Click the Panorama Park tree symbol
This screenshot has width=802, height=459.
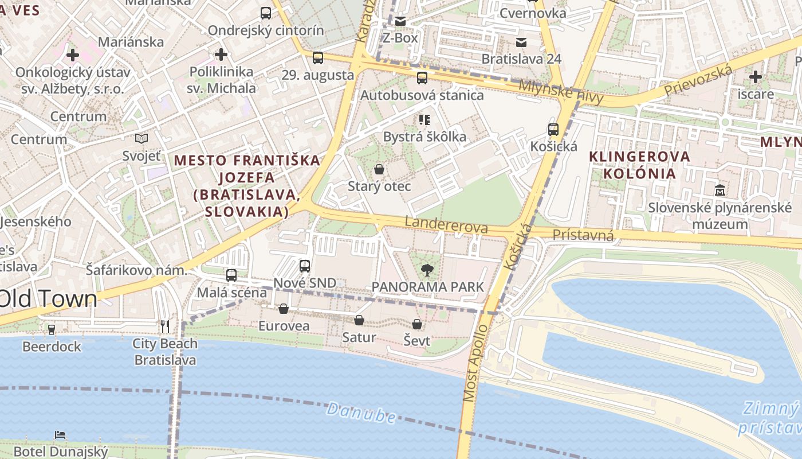(427, 270)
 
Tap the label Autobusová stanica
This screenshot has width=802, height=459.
(422, 95)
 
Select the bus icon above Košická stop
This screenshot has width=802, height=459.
(553, 130)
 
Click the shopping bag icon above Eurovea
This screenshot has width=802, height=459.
(283, 309)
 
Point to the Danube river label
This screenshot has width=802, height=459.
(361, 413)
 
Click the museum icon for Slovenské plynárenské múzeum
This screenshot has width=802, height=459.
(720, 190)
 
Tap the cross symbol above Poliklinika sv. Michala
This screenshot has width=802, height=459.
(221, 55)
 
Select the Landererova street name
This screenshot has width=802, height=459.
(446, 224)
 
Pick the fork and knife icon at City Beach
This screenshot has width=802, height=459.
(165, 326)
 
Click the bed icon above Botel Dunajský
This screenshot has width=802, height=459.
(60, 435)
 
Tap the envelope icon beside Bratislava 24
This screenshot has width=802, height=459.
(521, 42)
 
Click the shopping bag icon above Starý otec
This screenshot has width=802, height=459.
(379, 169)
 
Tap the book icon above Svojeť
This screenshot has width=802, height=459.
(141, 138)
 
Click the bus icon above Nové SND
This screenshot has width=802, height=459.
(304, 266)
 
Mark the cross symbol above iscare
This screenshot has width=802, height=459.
(756, 76)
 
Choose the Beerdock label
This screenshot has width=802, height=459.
(52, 347)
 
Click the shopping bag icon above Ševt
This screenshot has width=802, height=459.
(417, 324)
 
